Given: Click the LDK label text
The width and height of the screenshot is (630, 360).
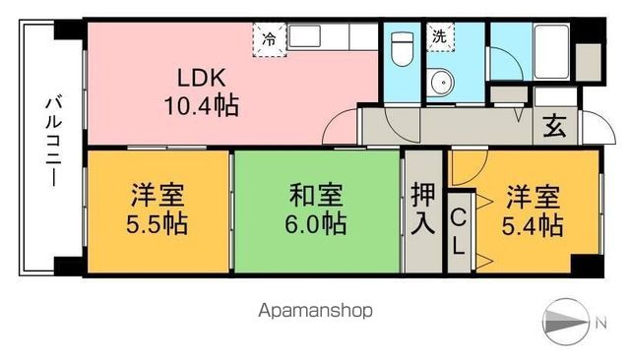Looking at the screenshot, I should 205,76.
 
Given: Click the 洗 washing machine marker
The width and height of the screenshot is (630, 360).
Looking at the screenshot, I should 439,36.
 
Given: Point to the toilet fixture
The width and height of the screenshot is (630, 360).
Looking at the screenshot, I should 402,48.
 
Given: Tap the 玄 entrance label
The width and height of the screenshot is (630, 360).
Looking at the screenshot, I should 555,126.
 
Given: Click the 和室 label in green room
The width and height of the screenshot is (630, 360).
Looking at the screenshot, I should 316,196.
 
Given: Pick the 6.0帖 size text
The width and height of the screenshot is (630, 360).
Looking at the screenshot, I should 316,224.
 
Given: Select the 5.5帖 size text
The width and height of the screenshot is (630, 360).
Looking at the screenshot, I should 157,224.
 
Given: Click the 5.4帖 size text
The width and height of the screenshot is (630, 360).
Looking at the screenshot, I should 535,224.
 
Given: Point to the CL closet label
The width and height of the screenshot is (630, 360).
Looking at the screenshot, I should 460,230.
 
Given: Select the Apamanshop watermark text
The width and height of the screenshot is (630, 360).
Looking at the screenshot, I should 315,312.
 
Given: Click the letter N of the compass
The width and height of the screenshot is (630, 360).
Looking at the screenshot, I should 601,322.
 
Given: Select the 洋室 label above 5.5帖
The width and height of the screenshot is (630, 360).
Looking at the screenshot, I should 157,196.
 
